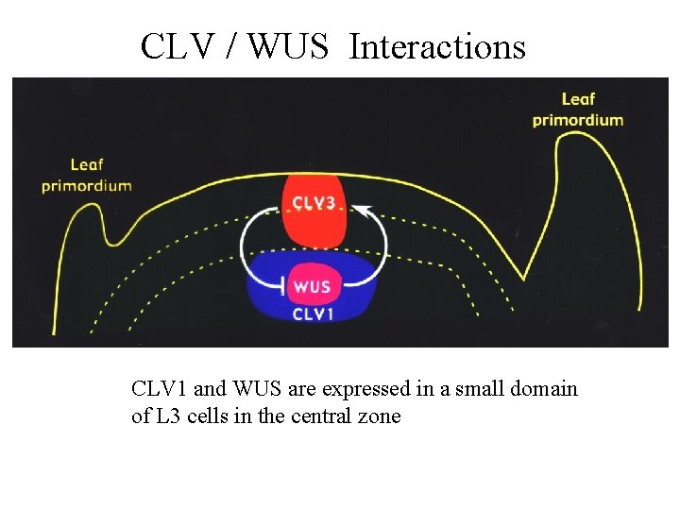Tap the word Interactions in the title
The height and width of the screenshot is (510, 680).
[x=436, y=45]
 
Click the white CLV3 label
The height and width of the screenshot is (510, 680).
[x=314, y=203]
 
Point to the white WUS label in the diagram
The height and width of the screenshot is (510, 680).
[x=312, y=286]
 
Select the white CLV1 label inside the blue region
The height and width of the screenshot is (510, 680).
[x=312, y=314]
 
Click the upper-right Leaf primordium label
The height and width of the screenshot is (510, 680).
[x=578, y=109]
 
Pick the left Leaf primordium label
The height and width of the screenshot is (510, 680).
[x=86, y=176]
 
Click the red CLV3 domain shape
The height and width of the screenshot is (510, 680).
[x=314, y=225]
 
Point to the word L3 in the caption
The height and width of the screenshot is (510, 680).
[x=165, y=416]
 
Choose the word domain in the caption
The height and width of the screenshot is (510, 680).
[x=545, y=388]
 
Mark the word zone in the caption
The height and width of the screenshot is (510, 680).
[x=381, y=416]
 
